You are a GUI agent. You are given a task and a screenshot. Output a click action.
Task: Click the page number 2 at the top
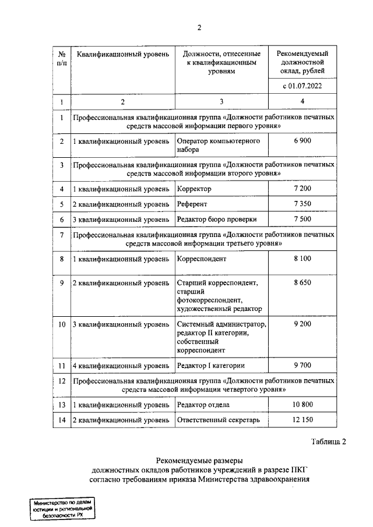[199, 27]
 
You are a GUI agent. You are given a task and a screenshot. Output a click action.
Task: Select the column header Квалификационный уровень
[122, 54]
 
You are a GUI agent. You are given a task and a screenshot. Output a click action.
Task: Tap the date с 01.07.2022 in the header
[302, 86]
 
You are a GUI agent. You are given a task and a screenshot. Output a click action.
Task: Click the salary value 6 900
[302, 142]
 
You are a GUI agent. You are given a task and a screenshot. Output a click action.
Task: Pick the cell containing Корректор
[194, 189]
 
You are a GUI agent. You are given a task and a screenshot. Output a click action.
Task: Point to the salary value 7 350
[302, 204]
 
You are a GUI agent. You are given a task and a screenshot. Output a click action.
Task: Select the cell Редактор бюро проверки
[216, 219]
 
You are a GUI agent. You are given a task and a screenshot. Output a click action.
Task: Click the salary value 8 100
[302, 259]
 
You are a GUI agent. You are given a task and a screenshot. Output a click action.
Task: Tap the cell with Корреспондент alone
[201, 259]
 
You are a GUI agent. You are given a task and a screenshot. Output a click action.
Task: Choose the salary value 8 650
[302, 283]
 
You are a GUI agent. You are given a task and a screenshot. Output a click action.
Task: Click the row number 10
[61, 324]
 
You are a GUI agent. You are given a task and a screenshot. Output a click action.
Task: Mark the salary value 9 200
[302, 324]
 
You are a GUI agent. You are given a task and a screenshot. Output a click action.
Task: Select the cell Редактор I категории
[210, 366]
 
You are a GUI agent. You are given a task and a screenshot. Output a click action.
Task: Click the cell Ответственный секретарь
[217, 420]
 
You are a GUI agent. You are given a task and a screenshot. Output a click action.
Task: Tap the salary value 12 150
[302, 420]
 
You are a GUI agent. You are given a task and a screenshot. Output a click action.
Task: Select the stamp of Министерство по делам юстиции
[62, 509]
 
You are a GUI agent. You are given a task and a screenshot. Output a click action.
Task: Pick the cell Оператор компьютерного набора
[218, 145]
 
